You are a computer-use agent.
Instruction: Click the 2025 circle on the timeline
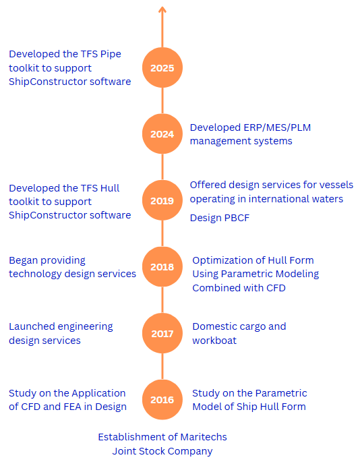click(162, 67)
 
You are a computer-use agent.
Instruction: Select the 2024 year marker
click(162, 134)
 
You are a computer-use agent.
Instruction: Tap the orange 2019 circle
click(162, 200)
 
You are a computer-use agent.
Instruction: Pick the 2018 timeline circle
click(162, 267)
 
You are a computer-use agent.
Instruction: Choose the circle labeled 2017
click(162, 333)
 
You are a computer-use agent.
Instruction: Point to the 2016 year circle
click(162, 400)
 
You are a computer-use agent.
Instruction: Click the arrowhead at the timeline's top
click(162, 9)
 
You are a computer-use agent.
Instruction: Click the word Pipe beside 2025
click(111, 55)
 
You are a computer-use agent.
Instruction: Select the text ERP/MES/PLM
click(277, 127)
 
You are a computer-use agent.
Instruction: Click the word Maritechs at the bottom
click(204, 437)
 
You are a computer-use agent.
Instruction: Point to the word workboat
click(214, 341)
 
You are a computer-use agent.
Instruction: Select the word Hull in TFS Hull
click(110, 188)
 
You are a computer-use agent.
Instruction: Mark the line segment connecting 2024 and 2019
click(162, 167)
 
